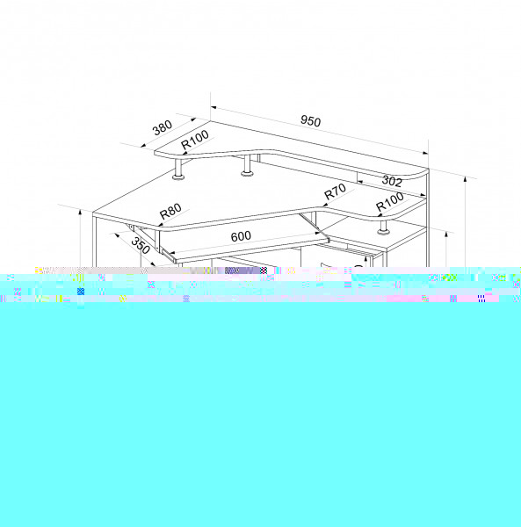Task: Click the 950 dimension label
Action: tap(311, 121)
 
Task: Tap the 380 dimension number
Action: tap(163, 127)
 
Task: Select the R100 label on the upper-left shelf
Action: tap(195, 140)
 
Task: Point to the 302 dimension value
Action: tap(392, 181)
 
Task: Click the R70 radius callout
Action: tap(335, 191)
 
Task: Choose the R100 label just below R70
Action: tap(389, 201)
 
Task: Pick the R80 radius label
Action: tap(170, 211)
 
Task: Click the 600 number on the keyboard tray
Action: tap(241, 236)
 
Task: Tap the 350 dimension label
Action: tap(141, 246)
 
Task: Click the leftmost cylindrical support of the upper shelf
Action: tap(178, 169)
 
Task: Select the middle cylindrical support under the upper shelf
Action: tap(248, 166)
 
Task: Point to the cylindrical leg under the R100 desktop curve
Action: tap(383, 227)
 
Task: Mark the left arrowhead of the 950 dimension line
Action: tap(213, 108)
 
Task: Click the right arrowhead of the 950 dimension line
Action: tap(425, 153)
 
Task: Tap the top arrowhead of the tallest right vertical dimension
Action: tap(465, 179)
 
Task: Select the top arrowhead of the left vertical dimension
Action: tap(80, 213)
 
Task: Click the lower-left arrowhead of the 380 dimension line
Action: tap(143, 146)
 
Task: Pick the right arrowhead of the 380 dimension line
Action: tap(193, 119)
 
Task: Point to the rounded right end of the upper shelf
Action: tap(422, 174)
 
